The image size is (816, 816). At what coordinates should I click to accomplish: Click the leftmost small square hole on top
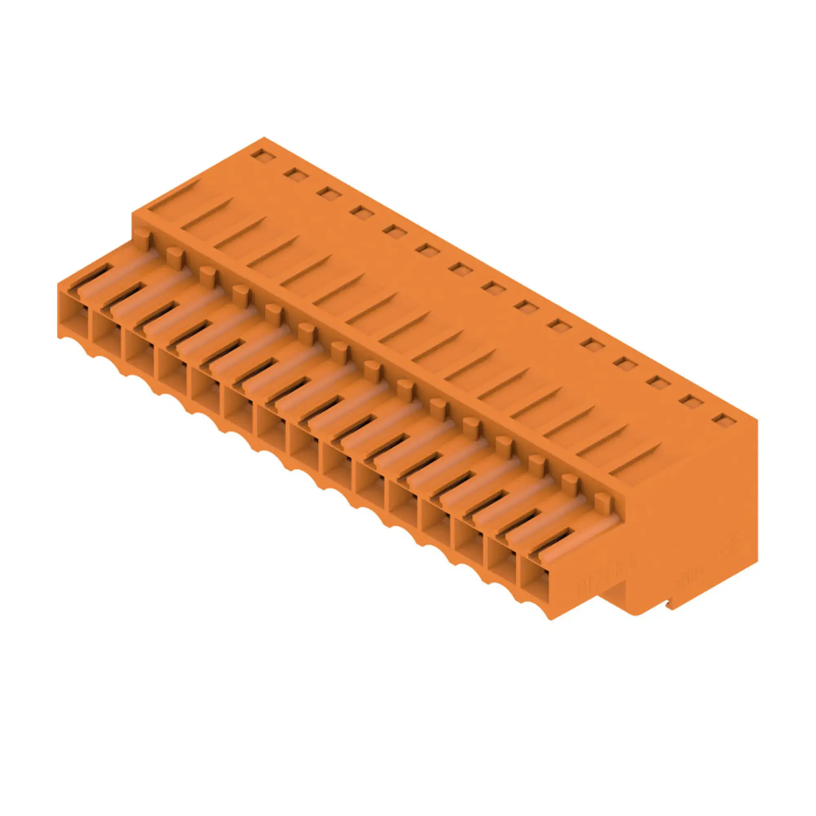click(263, 155)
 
